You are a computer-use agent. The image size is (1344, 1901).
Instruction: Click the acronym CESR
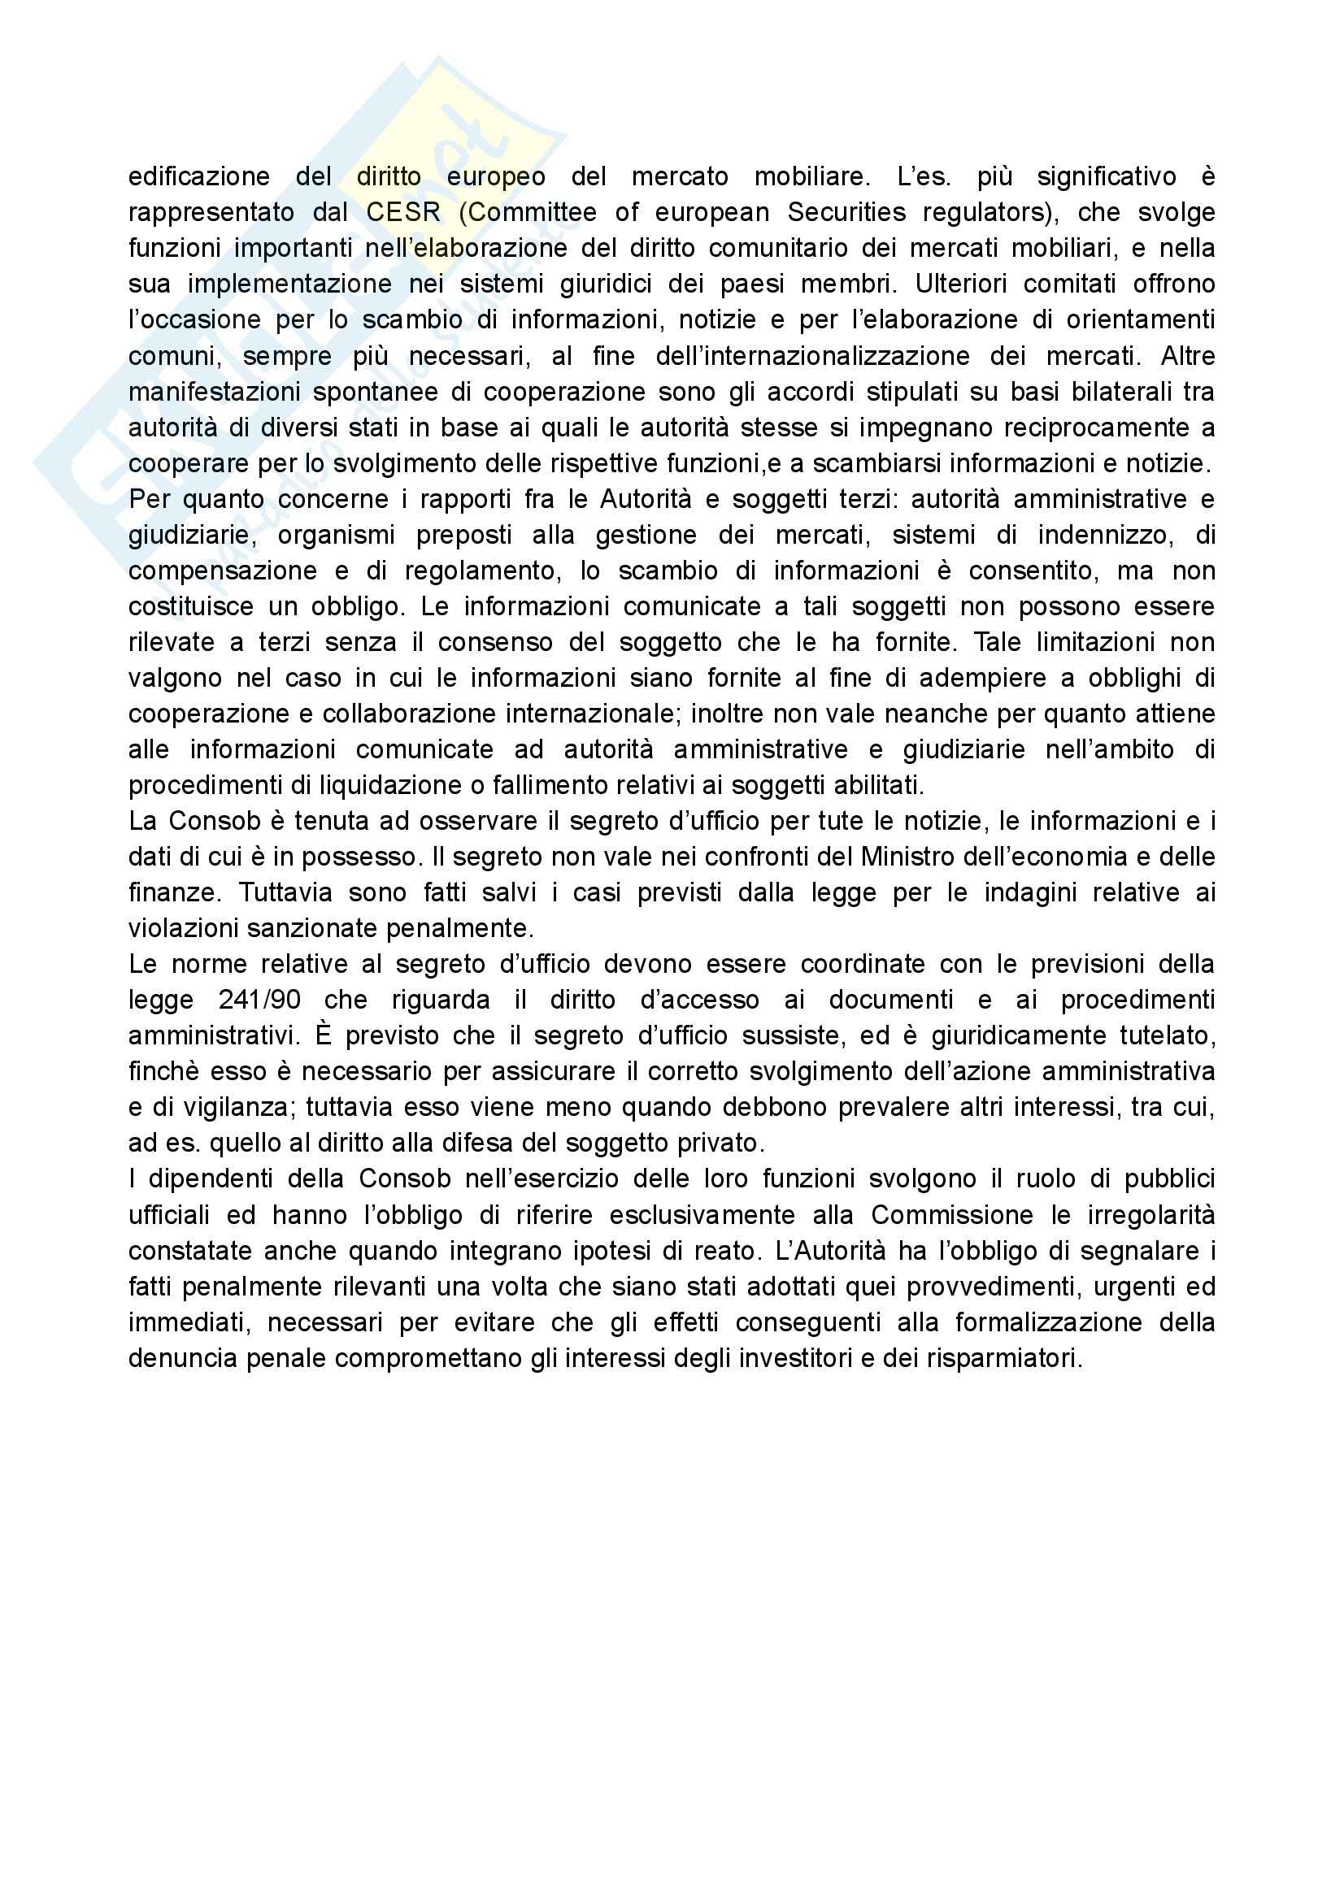click(x=403, y=213)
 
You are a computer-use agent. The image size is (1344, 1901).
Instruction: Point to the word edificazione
click(x=198, y=176)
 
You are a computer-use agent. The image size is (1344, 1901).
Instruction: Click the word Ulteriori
click(x=959, y=284)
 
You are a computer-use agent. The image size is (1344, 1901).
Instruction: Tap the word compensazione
click(x=223, y=571)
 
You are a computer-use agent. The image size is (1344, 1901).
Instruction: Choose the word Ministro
click(x=907, y=856)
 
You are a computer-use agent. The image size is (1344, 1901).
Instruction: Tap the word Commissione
click(x=952, y=1214)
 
